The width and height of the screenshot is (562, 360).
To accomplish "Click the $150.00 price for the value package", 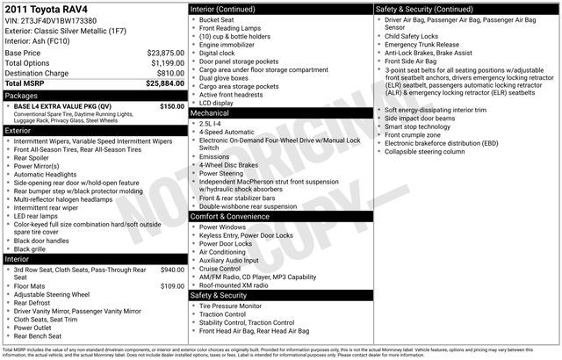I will tap(171, 106).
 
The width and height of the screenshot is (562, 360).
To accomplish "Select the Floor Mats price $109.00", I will tap(172, 285).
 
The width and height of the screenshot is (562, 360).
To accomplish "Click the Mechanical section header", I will tap(210, 113).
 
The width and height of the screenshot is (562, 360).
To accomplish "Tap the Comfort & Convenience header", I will tap(234, 216).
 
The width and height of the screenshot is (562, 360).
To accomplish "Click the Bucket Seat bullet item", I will tap(219, 18).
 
